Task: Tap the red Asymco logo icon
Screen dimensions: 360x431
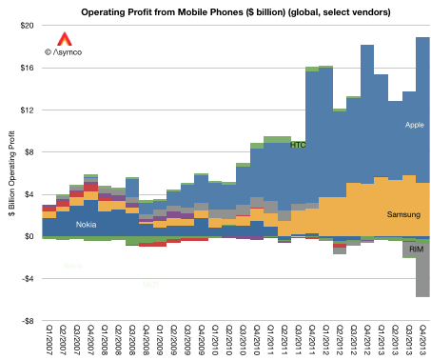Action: point(64,40)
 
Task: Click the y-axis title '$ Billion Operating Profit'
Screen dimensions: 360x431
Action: point(10,173)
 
